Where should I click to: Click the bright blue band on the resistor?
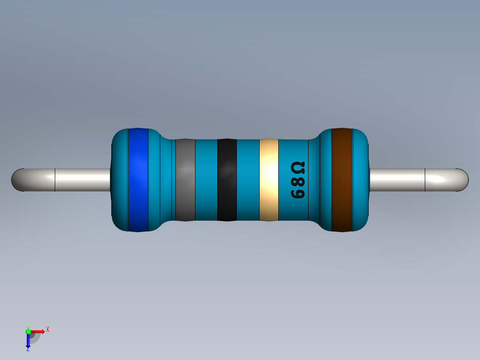[138, 180]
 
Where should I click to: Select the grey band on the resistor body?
[185, 180]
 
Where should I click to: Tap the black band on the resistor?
[227, 180]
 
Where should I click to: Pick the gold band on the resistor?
[268, 180]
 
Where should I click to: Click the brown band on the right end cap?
[342, 180]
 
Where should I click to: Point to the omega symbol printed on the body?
[298, 168]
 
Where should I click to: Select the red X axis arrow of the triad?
[38, 331]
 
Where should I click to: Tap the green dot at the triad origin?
[28, 331]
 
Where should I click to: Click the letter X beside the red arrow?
[47, 329]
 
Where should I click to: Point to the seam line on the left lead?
[55, 180]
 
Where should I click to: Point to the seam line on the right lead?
[425, 180]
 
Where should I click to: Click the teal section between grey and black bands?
[206, 180]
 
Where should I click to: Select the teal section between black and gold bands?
[248, 180]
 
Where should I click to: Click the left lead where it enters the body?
[107, 180]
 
